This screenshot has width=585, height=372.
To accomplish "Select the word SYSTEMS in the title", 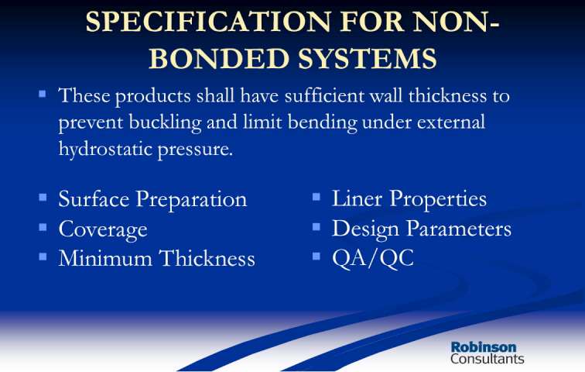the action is [x=368, y=58].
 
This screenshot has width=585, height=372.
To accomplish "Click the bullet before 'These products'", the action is [x=43, y=93].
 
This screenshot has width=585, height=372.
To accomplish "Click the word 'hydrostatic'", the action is [x=105, y=149].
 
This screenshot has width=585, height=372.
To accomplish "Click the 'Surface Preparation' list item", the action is [x=152, y=198].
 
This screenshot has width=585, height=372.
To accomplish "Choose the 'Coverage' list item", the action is [x=103, y=229].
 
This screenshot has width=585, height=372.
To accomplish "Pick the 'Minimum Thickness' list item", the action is [x=156, y=258].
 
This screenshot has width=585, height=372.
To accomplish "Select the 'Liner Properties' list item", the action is [x=409, y=198].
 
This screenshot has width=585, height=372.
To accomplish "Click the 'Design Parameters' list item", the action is [x=422, y=228].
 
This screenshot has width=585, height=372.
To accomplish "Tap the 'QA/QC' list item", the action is [x=373, y=258].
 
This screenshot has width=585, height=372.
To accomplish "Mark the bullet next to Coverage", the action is [x=43, y=227].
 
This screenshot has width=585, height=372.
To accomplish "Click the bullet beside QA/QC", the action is [x=316, y=256].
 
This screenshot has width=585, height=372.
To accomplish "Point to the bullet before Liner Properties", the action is [x=316, y=196].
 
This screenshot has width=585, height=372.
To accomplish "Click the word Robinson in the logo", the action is [x=484, y=346].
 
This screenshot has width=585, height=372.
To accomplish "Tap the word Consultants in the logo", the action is [x=487, y=359].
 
